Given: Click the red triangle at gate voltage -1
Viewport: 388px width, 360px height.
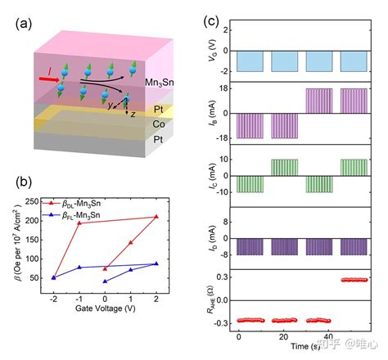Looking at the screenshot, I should pyautogui.click(x=79, y=223).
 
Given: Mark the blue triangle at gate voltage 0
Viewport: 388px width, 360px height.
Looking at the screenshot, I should pyautogui.click(x=105, y=281).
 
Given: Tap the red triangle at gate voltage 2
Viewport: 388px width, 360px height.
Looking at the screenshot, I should pyautogui.click(x=156, y=217).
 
